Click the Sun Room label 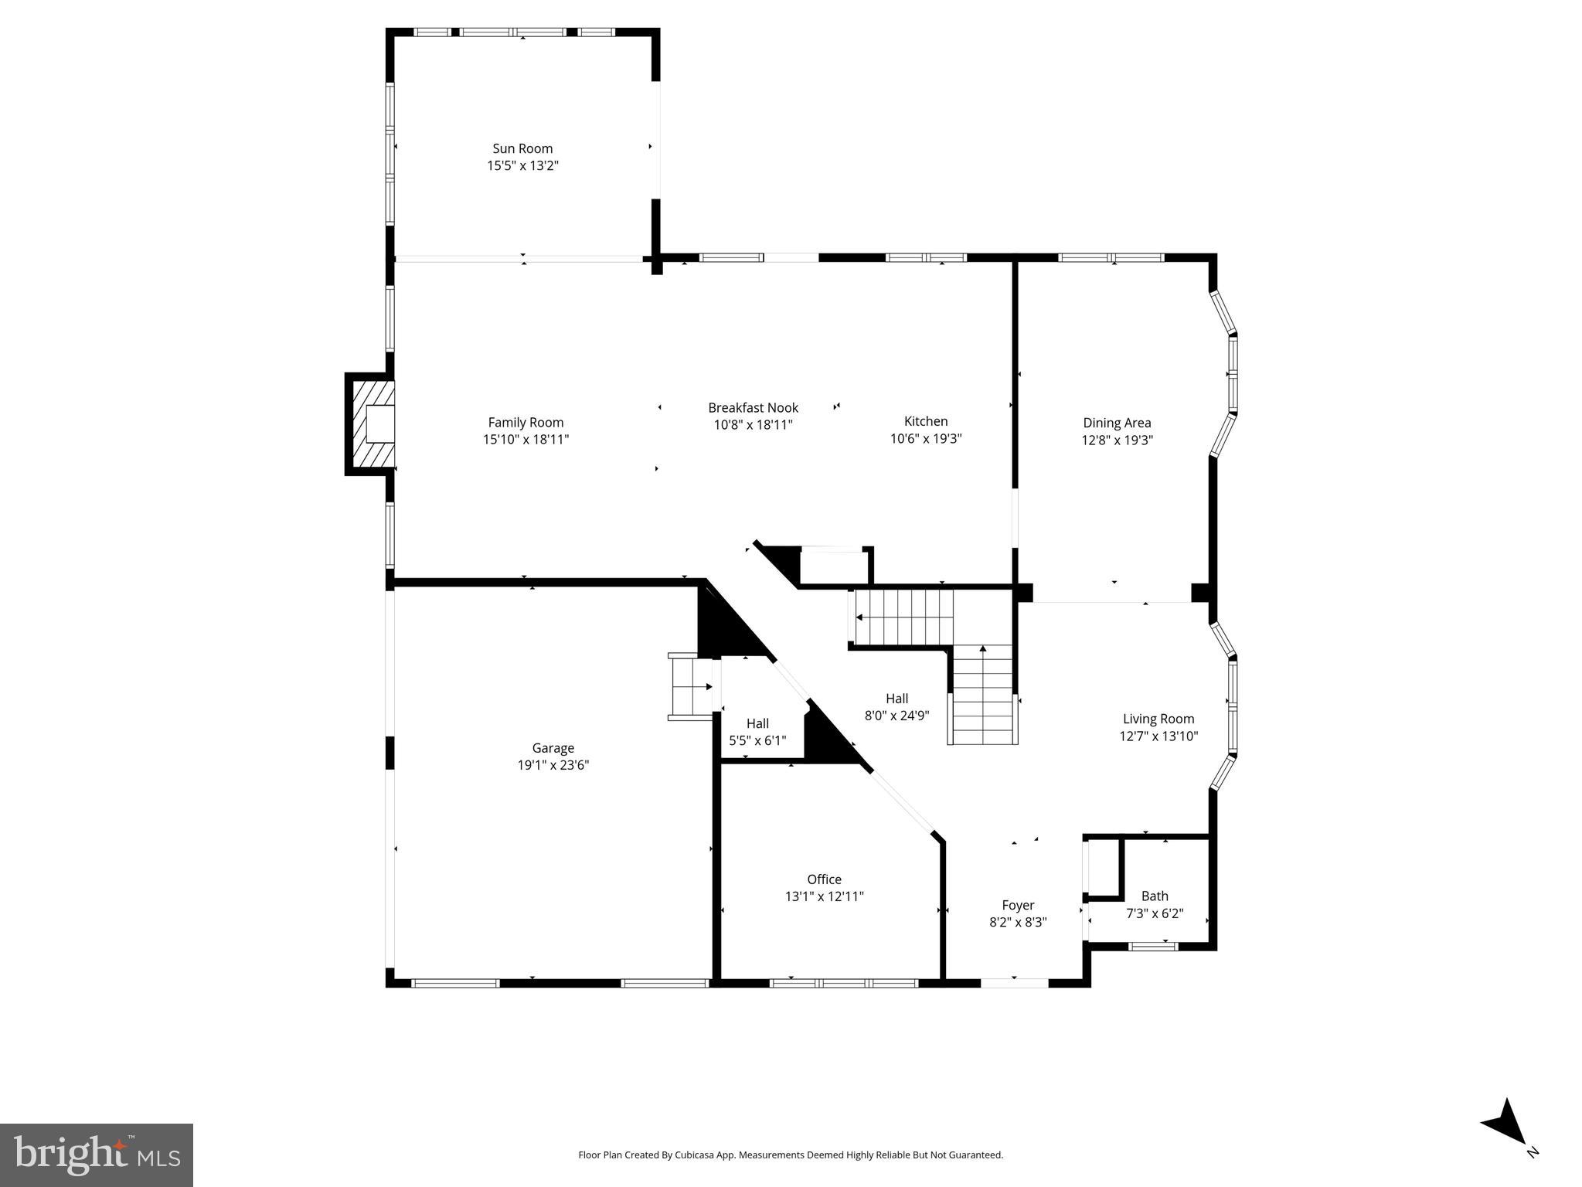pos(522,148)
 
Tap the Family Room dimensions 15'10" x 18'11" pos(526,440)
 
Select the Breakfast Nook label pos(753,407)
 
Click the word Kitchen pos(925,421)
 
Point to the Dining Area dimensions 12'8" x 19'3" pos(1117,440)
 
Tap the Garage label pos(553,748)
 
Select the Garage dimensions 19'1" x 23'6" pos(553,765)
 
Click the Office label pos(824,879)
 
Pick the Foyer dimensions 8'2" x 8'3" pos(1017,922)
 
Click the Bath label pos(1154,896)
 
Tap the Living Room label pos(1158,719)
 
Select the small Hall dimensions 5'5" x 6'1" pos(757,740)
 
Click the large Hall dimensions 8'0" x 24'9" pos(896,716)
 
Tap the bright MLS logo pos(96,1155)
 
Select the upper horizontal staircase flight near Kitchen pos(903,617)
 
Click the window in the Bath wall pos(1152,946)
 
